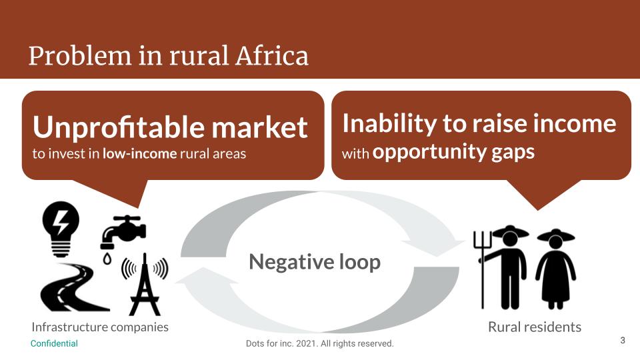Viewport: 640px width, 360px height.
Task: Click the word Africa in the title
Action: [x=271, y=55]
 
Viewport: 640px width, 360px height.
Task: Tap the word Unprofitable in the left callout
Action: [x=119, y=127]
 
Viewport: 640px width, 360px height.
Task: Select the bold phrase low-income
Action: [x=139, y=154]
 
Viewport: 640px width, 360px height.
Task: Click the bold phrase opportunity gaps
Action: [x=453, y=152]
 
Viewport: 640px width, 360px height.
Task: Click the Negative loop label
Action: [x=315, y=261]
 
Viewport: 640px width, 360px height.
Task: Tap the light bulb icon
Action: [x=61, y=229]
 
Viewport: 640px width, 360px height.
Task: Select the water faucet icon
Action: [x=123, y=232]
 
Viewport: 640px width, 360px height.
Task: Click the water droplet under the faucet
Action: [x=107, y=259]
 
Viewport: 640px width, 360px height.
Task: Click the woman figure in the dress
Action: [x=555, y=269]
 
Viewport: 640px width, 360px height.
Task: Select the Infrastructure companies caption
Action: [x=100, y=327]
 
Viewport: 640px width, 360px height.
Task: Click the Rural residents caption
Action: [x=535, y=327]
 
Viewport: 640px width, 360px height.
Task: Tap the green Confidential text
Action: [x=54, y=344]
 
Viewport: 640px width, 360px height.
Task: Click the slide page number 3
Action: [x=623, y=341]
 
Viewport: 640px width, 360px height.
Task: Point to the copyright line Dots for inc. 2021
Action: [x=319, y=344]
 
